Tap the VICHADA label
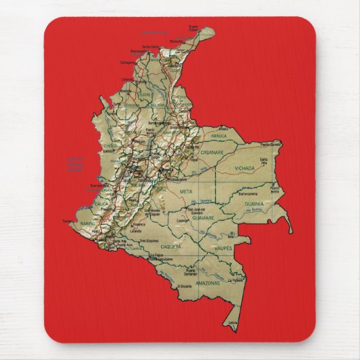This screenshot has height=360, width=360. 245,167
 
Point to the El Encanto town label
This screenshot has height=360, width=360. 185,287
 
